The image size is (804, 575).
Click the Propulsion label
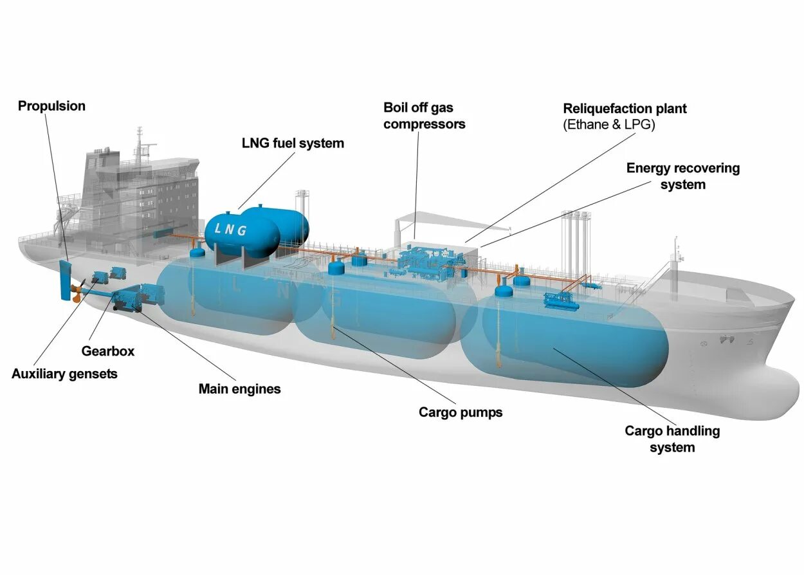click(x=51, y=106)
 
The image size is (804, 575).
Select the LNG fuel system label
click(x=293, y=143)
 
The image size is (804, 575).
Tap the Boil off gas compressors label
click(x=424, y=116)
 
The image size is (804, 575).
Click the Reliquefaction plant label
click(x=625, y=109)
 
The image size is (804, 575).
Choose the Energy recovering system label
click(x=682, y=176)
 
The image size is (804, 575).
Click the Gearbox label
click(x=107, y=351)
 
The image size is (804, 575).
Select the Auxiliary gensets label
click(x=64, y=374)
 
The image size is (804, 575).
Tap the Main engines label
click(x=239, y=388)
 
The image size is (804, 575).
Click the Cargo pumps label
click(x=461, y=412)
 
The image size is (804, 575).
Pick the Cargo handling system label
click(x=672, y=439)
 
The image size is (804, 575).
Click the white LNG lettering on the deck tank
click(x=231, y=229)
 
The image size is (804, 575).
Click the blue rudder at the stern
click(x=65, y=280)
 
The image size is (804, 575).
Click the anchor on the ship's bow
click(x=726, y=340)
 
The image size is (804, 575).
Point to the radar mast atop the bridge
click(x=138, y=145)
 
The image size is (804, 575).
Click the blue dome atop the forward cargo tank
click(x=504, y=290)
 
